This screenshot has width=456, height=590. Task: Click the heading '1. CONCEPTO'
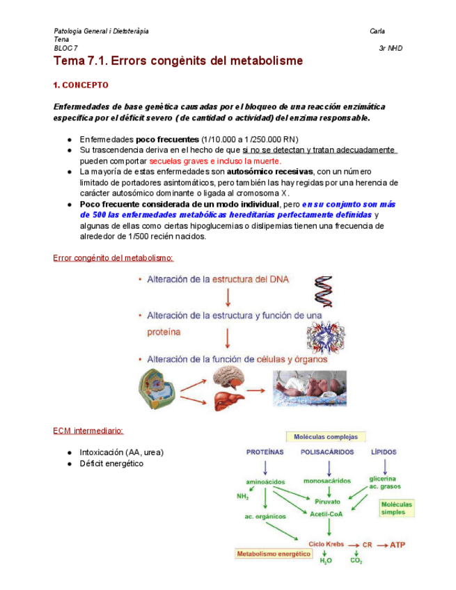pos(81,86)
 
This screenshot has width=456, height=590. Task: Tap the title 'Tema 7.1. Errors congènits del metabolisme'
pos(178,61)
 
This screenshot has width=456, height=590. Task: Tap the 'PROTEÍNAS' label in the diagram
pos(265,452)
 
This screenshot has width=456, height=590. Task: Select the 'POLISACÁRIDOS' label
pos(327,452)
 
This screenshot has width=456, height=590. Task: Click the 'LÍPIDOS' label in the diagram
pos(384,452)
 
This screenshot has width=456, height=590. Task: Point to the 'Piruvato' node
pos(327,501)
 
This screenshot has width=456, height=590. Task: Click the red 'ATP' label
pos(397,545)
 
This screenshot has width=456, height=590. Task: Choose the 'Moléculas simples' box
pos(397,508)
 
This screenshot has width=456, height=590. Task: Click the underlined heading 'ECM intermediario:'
pos(88,431)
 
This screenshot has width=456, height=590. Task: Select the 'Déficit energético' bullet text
pos(111,463)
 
